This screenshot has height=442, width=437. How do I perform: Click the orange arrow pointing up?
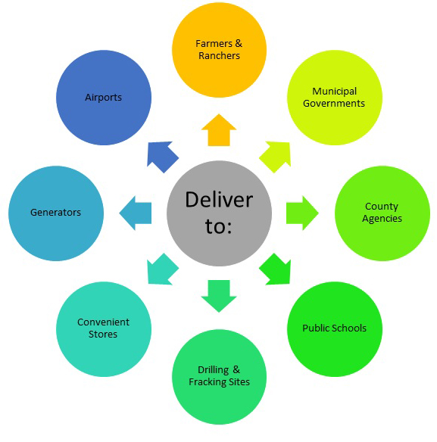[219, 130]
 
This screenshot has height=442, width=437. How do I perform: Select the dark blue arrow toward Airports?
[161, 156]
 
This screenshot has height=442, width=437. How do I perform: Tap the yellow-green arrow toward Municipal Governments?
[276, 156]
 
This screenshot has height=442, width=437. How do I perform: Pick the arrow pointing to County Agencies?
[302, 213]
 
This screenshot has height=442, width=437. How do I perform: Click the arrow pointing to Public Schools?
[276, 269]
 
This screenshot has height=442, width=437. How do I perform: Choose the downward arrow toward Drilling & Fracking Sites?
[219, 296]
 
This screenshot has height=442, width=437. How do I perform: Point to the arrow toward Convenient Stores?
[161, 269]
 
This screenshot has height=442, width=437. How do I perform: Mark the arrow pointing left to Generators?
[136, 213]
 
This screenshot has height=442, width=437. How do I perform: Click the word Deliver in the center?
[219, 200]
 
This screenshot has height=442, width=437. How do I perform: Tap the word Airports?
[103, 98]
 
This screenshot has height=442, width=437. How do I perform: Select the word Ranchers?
[219, 56]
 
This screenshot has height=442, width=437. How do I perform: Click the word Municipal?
[334, 92]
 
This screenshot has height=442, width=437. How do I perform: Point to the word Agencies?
[382, 219]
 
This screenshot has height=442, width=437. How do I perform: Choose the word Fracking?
[208, 382]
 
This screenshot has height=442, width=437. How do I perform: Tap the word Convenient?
[103, 322]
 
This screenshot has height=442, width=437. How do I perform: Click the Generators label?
[55, 213]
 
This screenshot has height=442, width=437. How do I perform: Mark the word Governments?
[334, 104]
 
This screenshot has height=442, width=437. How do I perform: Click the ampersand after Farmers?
[239, 43]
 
